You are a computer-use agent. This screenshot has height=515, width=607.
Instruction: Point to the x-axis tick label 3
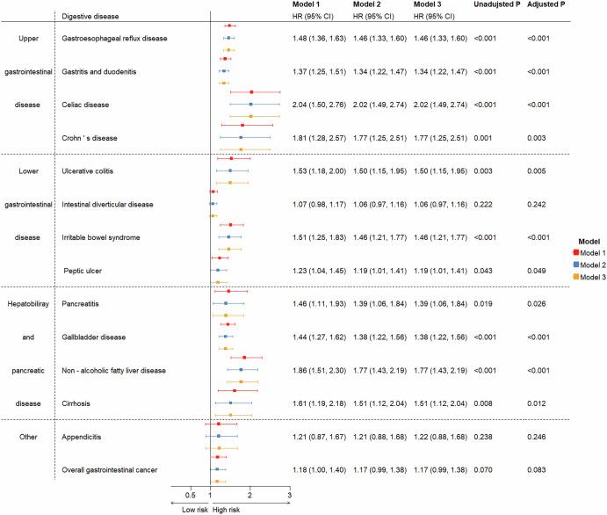point(290,497)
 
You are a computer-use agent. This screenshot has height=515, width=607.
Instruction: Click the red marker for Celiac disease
point(251,92)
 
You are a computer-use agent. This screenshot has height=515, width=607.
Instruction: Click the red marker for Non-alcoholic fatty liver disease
point(244,358)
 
